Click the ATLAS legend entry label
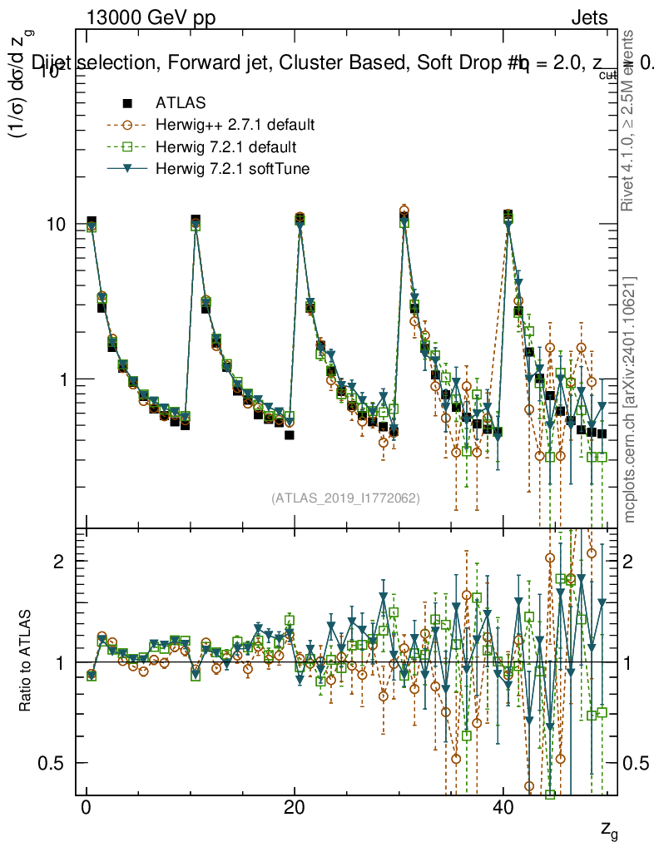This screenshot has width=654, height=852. [x=176, y=104]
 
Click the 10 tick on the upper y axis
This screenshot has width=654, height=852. [x=57, y=225]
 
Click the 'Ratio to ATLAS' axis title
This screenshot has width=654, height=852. [x=27, y=661]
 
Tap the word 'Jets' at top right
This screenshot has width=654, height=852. [x=588, y=18]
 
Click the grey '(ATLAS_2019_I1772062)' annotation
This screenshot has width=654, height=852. [x=345, y=498]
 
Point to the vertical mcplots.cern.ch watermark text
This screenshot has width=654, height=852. [x=631, y=399]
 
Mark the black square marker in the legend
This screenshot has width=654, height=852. [x=127, y=104]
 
